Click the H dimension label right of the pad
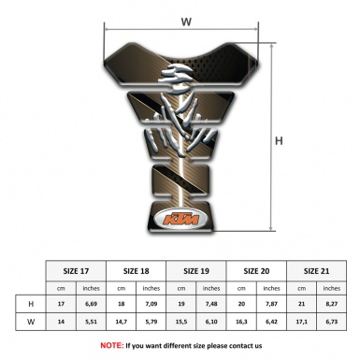[279, 140]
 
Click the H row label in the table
[31, 304]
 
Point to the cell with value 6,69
[91, 304]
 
